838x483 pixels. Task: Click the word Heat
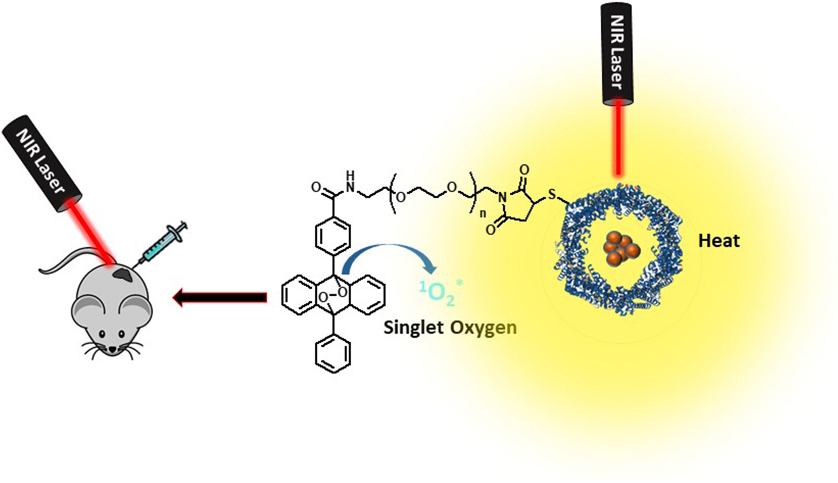coord(718,241)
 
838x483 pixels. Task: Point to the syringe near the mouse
coord(162,243)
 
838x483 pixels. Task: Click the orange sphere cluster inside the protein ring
coord(620,249)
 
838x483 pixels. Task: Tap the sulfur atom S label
coord(552,195)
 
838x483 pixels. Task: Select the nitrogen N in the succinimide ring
coord(503,197)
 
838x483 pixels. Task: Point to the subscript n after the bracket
coord(483,215)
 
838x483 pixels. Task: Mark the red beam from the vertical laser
coord(618,139)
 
